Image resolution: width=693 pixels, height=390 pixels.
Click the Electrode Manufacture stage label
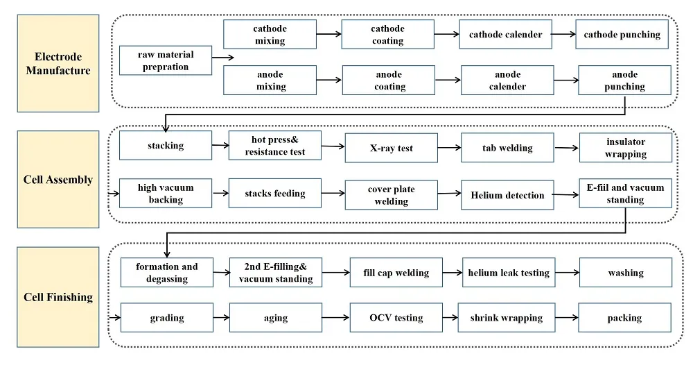58,63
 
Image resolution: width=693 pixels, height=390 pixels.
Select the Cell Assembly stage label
58,180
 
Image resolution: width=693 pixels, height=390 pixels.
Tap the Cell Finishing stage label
58,297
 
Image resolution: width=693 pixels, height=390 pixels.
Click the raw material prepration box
166,61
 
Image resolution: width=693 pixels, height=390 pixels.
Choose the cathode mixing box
270,35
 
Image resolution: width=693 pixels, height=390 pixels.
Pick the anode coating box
389,80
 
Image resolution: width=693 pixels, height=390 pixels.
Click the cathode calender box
505,35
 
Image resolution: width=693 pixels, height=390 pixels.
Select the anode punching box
624,80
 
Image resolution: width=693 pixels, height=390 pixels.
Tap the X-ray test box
391,148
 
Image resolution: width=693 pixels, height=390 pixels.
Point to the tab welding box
507,148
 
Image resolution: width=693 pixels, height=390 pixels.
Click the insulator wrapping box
625,148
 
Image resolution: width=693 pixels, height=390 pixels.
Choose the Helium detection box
507,195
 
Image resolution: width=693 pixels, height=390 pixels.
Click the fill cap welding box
396,273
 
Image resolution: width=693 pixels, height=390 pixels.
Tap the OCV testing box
396,318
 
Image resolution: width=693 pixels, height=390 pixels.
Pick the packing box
624,318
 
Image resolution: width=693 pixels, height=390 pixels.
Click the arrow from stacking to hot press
220,146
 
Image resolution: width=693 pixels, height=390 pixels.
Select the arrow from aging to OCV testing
336,318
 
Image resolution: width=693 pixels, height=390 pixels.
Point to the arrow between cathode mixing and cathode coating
329,34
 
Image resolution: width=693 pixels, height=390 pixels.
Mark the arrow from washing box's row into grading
114,318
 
